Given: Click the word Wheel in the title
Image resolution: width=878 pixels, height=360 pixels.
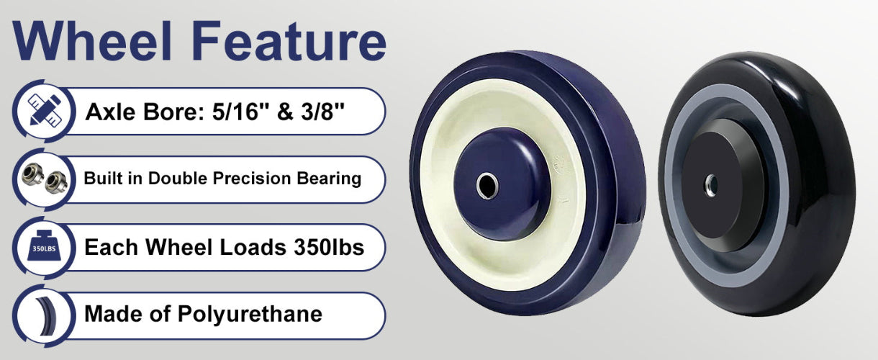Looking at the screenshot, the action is coord(93,40).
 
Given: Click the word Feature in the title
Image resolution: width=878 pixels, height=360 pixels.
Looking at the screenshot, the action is coord(289,41).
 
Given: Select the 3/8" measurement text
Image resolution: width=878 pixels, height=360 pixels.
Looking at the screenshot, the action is coord(322,112).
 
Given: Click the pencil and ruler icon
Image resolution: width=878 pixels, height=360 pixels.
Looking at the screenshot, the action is coord(45,110).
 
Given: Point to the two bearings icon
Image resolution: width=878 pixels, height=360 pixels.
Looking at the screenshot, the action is coord(45,179).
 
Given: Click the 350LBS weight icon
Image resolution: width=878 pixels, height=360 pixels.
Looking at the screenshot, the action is coord(44,246).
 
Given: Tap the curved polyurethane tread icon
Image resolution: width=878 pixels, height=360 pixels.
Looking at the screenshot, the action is coord(46,316).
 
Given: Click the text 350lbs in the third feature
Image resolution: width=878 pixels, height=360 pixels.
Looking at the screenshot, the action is coord(329,248).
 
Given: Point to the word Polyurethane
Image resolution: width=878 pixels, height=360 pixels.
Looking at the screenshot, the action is coord(250,315).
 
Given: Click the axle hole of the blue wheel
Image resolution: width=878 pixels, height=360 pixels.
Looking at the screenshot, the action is coord(488,186).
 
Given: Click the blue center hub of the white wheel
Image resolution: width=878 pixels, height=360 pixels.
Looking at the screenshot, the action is coord(502,184).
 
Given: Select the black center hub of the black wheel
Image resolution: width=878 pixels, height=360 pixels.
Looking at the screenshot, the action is coord(723,185).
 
